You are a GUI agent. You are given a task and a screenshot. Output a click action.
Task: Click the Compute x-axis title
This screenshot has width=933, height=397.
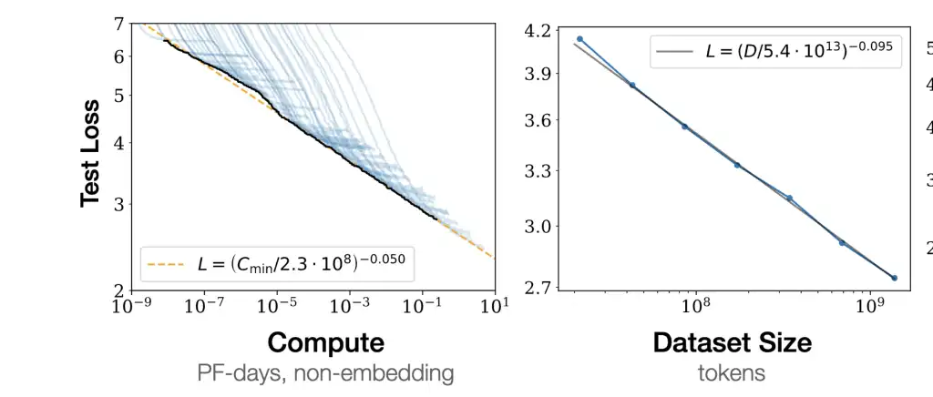click(x=325, y=343)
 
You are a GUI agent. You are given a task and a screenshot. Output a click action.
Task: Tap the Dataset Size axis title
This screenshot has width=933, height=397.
click(x=732, y=343)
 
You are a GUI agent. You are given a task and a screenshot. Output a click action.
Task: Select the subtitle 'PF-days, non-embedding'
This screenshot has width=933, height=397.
click(x=325, y=372)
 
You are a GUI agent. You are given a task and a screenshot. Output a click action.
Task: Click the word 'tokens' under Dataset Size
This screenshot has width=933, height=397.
click(x=732, y=372)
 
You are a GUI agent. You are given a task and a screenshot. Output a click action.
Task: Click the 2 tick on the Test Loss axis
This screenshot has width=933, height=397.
click(x=118, y=290)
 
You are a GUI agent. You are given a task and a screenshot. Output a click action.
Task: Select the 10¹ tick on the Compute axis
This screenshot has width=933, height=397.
click(x=494, y=306)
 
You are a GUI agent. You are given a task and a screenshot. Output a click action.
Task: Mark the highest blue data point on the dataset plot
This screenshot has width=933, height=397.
click(x=579, y=39)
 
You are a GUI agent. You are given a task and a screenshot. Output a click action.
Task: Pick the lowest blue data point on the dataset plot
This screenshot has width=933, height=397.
click(x=894, y=278)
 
